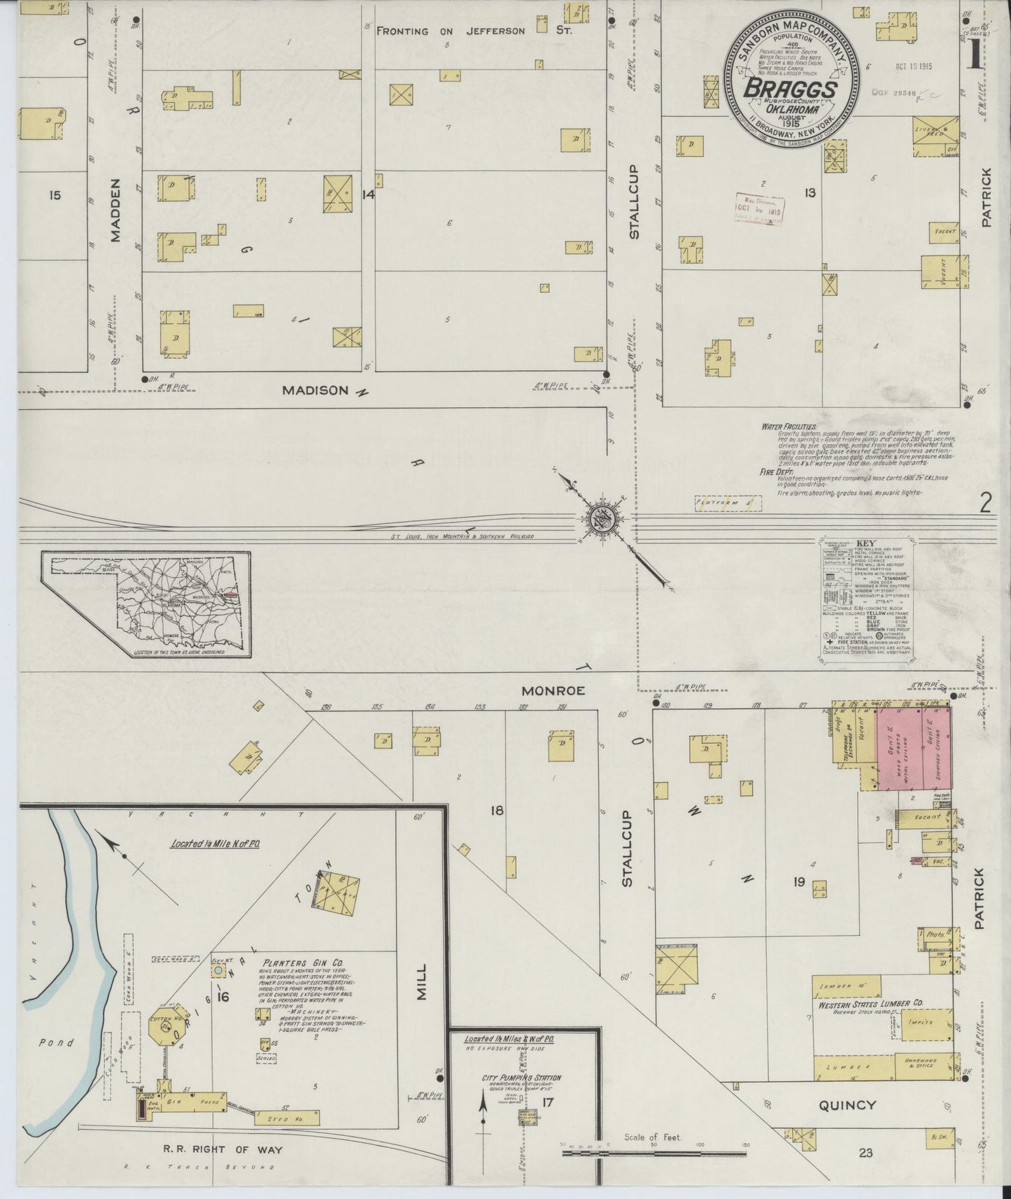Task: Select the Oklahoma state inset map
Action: click(x=146, y=603)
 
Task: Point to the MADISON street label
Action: click(x=315, y=390)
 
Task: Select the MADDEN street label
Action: click(x=116, y=210)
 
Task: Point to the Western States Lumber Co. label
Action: click(x=870, y=1002)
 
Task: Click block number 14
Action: click(x=368, y=194)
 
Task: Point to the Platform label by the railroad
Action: click(x=717, y=502)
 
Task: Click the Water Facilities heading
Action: click(x=789, y=426)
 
